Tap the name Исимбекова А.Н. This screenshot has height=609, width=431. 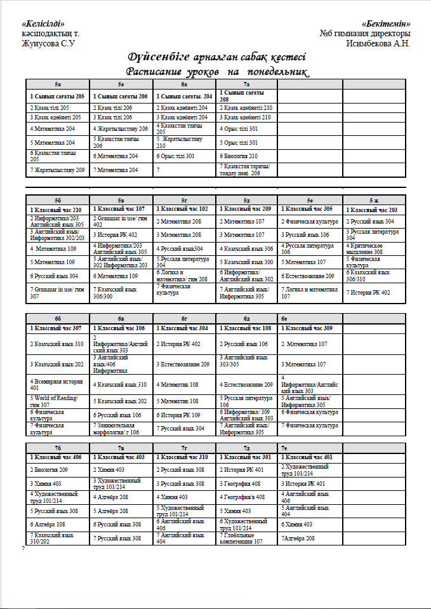[x=378, y=44]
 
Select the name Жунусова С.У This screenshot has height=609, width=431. [x=49, y=44]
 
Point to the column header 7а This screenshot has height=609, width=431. [x=246, y=84]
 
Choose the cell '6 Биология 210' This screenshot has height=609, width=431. [x=239, y=156]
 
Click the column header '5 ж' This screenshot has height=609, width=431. [x=374, y=200]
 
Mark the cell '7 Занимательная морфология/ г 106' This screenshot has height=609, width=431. [x=121, y=429]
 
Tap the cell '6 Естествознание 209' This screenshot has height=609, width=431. [x=308, y=276]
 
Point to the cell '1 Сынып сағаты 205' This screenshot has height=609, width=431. [x=57, y=96]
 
